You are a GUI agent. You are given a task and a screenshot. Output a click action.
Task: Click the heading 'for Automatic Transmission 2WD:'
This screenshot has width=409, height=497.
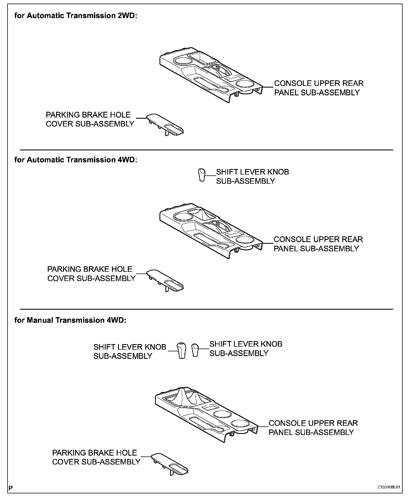click(x=76, y=16)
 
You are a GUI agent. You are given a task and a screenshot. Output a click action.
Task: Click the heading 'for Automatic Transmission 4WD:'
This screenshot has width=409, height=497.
click(x=76, y=160)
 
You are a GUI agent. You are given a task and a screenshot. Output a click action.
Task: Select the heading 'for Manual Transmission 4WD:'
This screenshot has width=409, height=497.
click(x=70, y=320)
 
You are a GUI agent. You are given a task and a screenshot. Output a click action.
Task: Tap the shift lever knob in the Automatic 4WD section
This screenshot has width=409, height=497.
click(x=202, y=175)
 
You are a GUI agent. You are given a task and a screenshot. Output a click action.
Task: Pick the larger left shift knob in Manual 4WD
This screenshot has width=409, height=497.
click(x=181, y=351)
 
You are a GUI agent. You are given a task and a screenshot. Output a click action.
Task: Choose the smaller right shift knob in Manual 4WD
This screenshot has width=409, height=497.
click(x=195, y=350)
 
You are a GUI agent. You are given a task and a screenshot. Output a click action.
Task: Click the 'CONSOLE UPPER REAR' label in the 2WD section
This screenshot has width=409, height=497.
click(x=319, y=83)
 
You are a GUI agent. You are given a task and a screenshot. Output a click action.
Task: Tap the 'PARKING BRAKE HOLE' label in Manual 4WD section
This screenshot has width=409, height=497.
click(x=94, y=453)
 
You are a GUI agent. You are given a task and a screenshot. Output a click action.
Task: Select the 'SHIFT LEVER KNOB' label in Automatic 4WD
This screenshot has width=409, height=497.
click(x=252, y=172)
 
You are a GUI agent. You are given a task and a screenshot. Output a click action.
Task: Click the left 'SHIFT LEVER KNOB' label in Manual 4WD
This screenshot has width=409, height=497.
click(x=130, y=347)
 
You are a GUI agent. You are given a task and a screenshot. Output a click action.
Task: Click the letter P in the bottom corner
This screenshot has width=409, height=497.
click(x=11, y=488)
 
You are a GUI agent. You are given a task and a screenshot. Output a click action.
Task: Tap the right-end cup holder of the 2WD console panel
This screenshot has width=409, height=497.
click(x=245, y=84)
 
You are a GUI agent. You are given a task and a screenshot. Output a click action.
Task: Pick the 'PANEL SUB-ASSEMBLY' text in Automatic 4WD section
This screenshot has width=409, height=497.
click(x=316, y=248)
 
